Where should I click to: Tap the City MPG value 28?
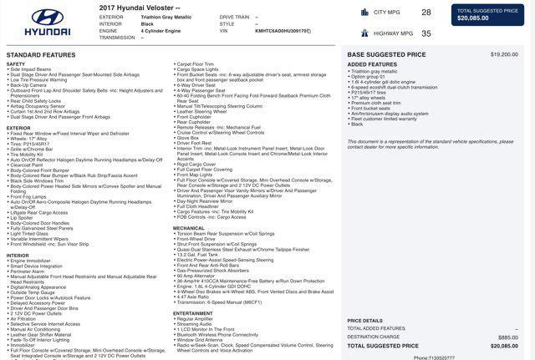(426, 13)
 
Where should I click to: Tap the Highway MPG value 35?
(426, 33)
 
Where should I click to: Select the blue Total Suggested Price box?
(488, 14)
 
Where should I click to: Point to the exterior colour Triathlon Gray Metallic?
(166, 17)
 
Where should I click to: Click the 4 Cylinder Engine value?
(160, 31)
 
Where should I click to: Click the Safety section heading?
(16, 64)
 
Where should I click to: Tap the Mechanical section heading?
(189, 228)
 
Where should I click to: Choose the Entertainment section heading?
(193, 313)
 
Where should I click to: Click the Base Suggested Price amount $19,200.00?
(504, 54)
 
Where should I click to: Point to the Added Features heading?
(372, 64)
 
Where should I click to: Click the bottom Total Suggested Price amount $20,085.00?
(504, 346)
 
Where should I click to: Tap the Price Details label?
(365, 320)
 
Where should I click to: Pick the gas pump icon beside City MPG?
(364, 13)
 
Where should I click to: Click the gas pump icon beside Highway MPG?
(364, 33)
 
